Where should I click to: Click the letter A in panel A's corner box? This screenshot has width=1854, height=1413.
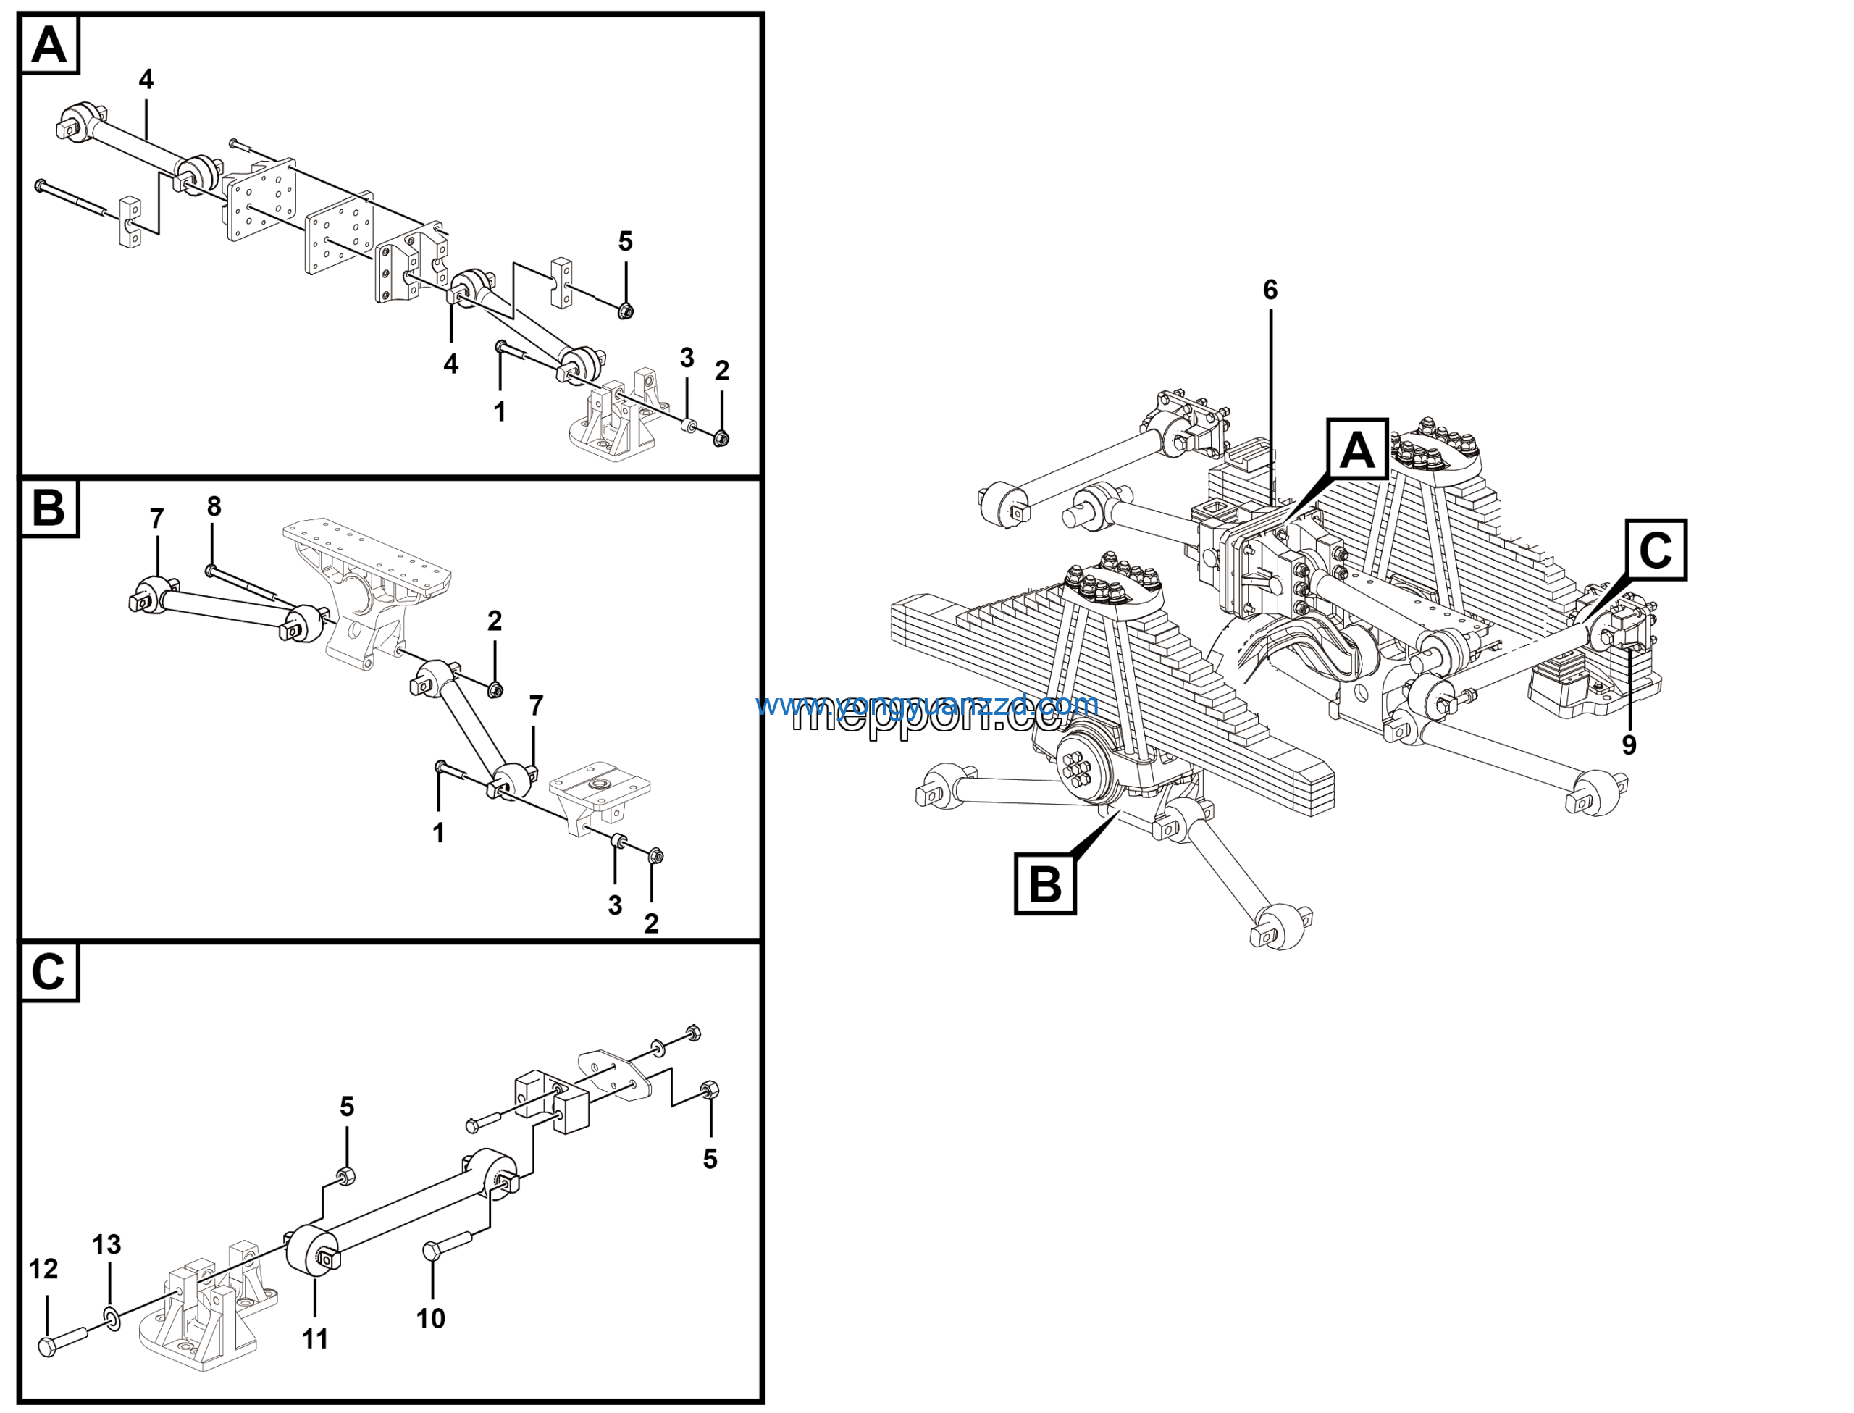pyautogui.click(x=48, y=45)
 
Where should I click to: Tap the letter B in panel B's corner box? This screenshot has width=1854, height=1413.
pyautogui.click(x=48, y=508)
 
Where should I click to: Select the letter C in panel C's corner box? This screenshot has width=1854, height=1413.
pyautogui.click(x=48, y=972)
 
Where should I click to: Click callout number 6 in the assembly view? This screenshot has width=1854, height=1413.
pyautogui.click(x=1270, y=290)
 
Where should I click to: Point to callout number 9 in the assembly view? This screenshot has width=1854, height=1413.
pyautogui.click(x=1629, y=745)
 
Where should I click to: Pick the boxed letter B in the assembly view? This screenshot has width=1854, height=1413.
pyautogui.click(x=1045, y=884)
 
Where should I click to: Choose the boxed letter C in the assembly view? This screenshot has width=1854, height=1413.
pyautogui.click(x=1656, y=550)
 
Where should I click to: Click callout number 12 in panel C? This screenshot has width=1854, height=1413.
pyautogui.click(x=43, y=1269)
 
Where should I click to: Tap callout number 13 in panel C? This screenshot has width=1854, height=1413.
pyautogui.click(x=106, y=1245)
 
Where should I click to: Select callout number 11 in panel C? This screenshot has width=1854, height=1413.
pyautogui.click(x=315, y=1339)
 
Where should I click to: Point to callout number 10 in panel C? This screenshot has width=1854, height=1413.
pyautogui.click(x=430, y=1318)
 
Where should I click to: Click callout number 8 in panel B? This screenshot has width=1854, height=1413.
pyautogui.click(x=214, y=506)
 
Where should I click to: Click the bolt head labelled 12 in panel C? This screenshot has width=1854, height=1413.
pyautogui.click(x=48, y=1346)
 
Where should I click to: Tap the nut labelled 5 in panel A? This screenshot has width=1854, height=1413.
pyautogui.click(x=625, y=311)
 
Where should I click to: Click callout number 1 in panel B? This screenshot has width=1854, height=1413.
pyautogui.click(x=438, y=833)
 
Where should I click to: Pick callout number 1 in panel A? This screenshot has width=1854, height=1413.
pyautogui.click(x=500, y=411)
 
